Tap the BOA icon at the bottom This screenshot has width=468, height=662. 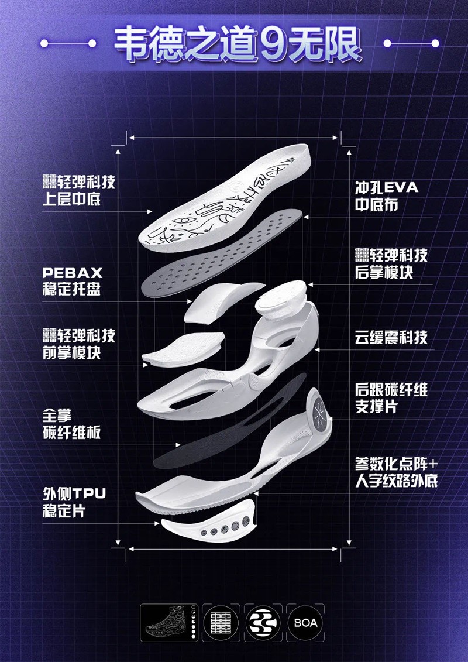[x=305, y=623]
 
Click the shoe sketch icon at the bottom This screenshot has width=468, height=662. [x=169, y=623]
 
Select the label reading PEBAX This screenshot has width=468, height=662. [x=73, y=273]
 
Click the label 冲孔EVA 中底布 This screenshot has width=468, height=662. [x=387, y=196]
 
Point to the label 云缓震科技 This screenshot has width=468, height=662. [x=391, y=337]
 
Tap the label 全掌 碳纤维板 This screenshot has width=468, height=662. [x=72, y=424]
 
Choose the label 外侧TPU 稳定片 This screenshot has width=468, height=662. [x=74, y=502]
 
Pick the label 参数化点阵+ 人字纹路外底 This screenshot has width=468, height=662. [x=396, y=472]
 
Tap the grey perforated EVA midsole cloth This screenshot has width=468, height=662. [x=221, y=253]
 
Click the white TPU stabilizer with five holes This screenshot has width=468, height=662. [x=208, y=522]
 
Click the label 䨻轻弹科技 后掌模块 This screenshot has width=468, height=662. [x=391, y=263]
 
